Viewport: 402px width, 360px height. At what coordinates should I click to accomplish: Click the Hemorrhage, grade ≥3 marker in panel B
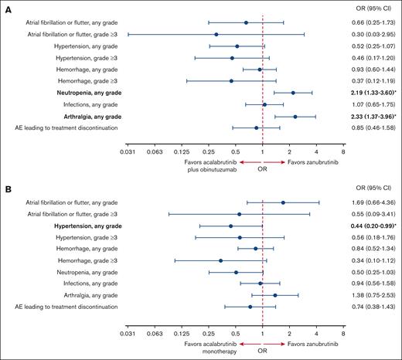221,260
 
